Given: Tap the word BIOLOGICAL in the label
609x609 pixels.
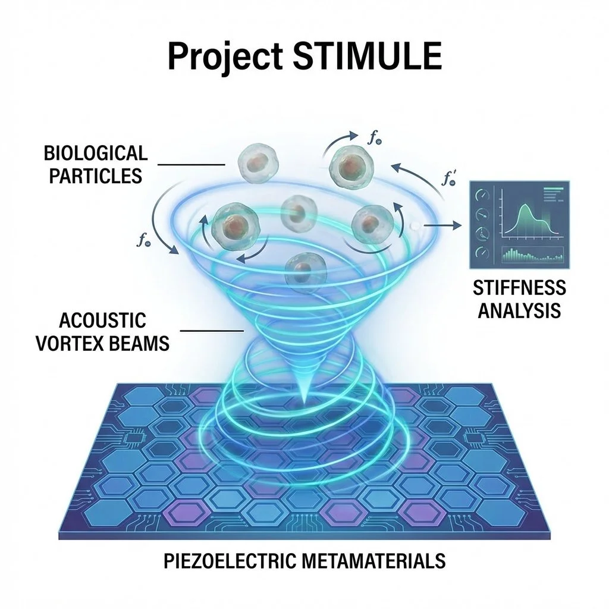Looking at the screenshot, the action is (x=95, y=154).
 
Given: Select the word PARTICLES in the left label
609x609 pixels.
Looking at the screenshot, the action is (x=96, y=176).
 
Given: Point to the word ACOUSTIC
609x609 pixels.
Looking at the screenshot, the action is (x=102, y=321).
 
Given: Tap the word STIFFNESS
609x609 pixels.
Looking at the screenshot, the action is (x=520, y=288).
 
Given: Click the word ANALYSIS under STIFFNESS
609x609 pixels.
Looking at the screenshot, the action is (x=520, y=310).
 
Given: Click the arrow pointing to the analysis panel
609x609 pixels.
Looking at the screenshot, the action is (x=443, y=225).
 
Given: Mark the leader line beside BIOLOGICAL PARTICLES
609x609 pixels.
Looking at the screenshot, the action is (x=193, y=165).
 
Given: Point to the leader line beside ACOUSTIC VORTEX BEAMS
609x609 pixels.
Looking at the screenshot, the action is (x=212, y=331).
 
